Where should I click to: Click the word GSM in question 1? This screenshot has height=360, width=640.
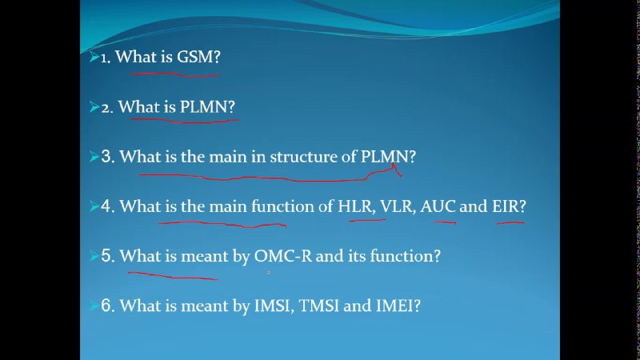[195, 57]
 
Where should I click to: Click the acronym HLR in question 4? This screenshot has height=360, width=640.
[354, 206]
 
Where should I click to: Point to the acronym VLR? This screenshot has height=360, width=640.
[396, 206]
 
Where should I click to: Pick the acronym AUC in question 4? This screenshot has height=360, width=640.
[438, 206]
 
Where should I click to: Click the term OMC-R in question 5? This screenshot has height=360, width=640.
[283, 256]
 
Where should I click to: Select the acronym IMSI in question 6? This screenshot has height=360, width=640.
[272, 306]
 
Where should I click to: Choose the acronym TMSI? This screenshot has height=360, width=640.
[318, 306]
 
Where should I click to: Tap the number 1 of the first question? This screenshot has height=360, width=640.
[104, 58]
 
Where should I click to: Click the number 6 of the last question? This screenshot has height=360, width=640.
[106, 306]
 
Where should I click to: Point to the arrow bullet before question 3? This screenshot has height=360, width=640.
[94, 157]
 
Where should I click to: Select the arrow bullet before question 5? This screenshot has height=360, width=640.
[94, 256]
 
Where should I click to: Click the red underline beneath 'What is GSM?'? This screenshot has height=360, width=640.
[174, 74]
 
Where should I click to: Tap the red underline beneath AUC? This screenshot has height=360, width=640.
[446, 222]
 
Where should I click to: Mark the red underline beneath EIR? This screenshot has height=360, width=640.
[510, 223]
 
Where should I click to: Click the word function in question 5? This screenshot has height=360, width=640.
[402, 256]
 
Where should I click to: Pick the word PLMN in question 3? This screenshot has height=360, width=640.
[385, 157]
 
